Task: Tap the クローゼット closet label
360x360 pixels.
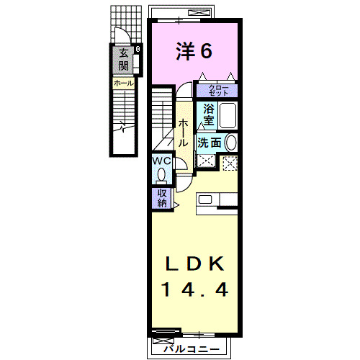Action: tap(219, 91)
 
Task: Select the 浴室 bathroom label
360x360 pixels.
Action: tap(208, 114)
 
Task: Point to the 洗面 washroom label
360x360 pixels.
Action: tap(210, 143)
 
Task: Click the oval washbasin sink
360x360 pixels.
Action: tap(230, 142)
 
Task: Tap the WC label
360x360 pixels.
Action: tap(160, 161)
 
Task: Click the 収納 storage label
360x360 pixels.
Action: tap(161, 197)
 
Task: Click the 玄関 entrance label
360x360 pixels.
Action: tap(124, 60)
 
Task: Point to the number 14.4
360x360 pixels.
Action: tap(194, 290)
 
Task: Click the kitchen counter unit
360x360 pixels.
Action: tap(216, 201)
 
